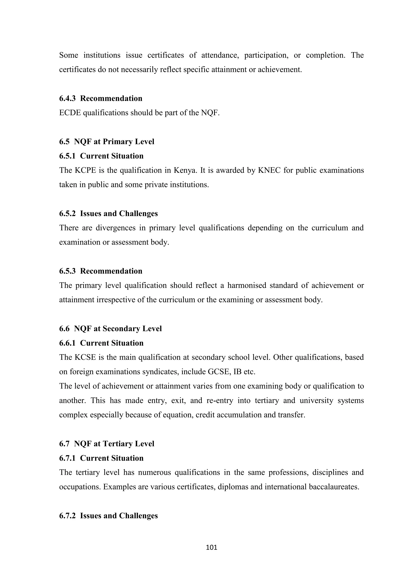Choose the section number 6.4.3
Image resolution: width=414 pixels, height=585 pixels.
tap(67, 98)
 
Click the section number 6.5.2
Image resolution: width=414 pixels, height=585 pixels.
tap(67, 214)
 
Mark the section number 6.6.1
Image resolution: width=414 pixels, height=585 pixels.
tap(67, 343)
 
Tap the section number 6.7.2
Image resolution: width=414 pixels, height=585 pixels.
tap(67, 516)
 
